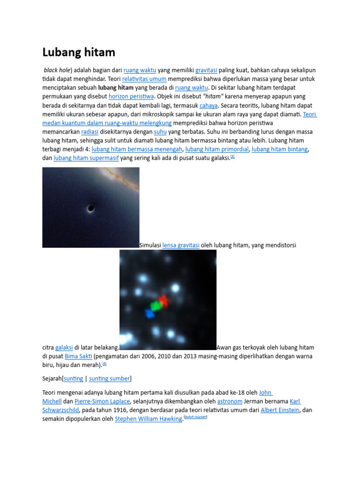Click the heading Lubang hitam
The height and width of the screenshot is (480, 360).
pos(79,52)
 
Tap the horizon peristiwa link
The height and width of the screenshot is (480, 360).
pos(131,97)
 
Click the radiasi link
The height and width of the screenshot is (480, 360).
pos(90,132)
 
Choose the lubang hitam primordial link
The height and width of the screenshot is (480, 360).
pos(217,150)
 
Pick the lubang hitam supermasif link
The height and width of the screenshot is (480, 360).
pos(86,158)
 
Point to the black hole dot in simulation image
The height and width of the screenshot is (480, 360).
pos(90,209)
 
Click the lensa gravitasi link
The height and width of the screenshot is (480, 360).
pos(181,245)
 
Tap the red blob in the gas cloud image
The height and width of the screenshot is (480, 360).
pos(163,300)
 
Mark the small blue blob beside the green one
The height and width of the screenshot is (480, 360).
pos(150,314)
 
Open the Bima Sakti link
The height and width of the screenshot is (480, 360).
pos(78,356)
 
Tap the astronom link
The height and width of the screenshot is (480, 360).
pos(230,401)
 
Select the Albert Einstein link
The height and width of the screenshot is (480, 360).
pos(280,410)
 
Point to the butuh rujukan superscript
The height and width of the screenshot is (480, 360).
pos(195,417)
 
